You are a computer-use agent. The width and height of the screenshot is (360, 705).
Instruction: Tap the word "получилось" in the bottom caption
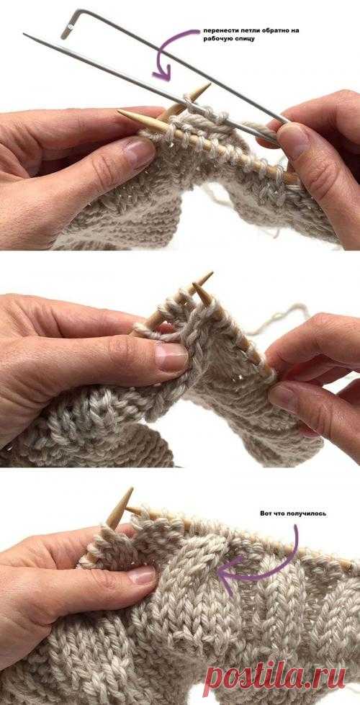point(309,513)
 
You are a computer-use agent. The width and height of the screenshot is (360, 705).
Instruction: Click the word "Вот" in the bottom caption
point(266,513)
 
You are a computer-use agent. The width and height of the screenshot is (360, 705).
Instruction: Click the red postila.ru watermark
point(274,678)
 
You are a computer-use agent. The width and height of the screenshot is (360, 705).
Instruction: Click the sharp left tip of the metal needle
point(25,34)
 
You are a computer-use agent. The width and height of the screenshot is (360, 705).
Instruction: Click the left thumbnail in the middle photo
point(171,356)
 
